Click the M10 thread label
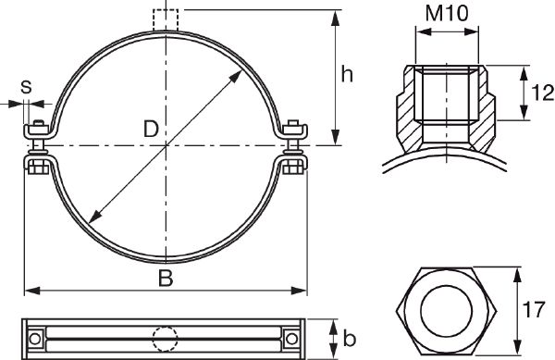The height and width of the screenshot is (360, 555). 447,14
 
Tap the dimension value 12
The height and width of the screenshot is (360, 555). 543,93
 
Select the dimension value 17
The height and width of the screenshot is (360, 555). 534,310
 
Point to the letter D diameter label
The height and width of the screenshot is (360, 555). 151,129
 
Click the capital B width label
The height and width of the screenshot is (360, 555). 166,279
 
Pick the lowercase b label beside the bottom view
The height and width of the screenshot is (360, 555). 349,338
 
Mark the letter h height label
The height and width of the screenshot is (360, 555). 347,74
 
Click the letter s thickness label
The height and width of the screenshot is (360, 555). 26,87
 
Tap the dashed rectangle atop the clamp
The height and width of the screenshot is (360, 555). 166,20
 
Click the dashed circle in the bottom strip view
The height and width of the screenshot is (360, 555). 165,339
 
